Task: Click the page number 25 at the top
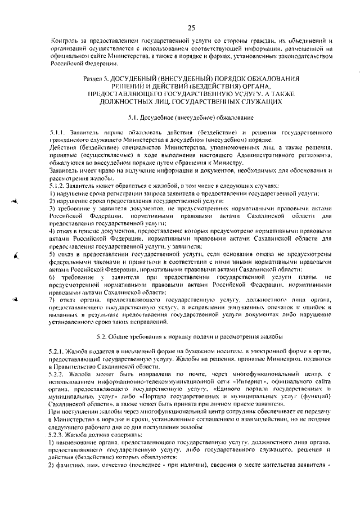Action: click(x=191, y=28)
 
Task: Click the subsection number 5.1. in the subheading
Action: click(x=135, y=118)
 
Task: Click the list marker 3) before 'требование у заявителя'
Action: click(x=52, y=209)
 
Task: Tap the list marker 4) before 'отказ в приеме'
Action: click(x=52, y=231)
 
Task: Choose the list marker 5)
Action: click(x=52, y=254)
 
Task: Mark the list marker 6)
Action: click(x=52, y=277)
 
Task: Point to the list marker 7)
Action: click(x=52, y=300)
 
